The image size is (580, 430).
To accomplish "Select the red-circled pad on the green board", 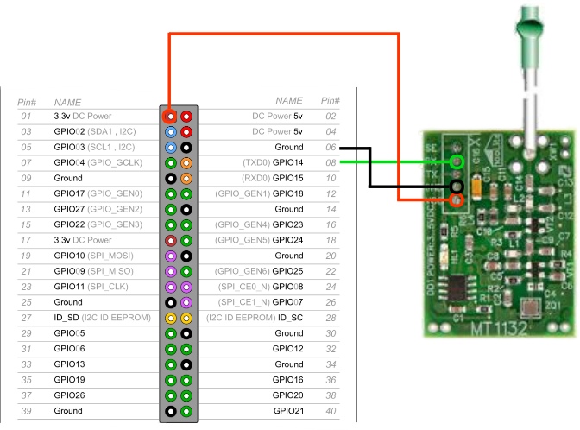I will click(457, 200).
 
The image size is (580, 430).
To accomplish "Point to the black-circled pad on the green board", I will click(457, 186).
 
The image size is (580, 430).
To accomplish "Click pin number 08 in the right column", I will click(330, 162).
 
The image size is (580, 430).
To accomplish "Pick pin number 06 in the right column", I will click(330, 148).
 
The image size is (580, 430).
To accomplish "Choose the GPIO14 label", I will click(287, 162).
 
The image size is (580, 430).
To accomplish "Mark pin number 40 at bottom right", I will click(330, 411).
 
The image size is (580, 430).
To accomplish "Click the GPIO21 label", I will click(287, 411).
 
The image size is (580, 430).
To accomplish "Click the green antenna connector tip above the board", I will click(526, 25).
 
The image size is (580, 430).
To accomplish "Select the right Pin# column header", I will click(330, 101).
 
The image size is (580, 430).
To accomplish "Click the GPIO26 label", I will click(68, 395).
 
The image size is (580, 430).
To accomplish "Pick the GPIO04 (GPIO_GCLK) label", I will click(97, 162).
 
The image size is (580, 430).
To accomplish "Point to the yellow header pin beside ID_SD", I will click(171, 318).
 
